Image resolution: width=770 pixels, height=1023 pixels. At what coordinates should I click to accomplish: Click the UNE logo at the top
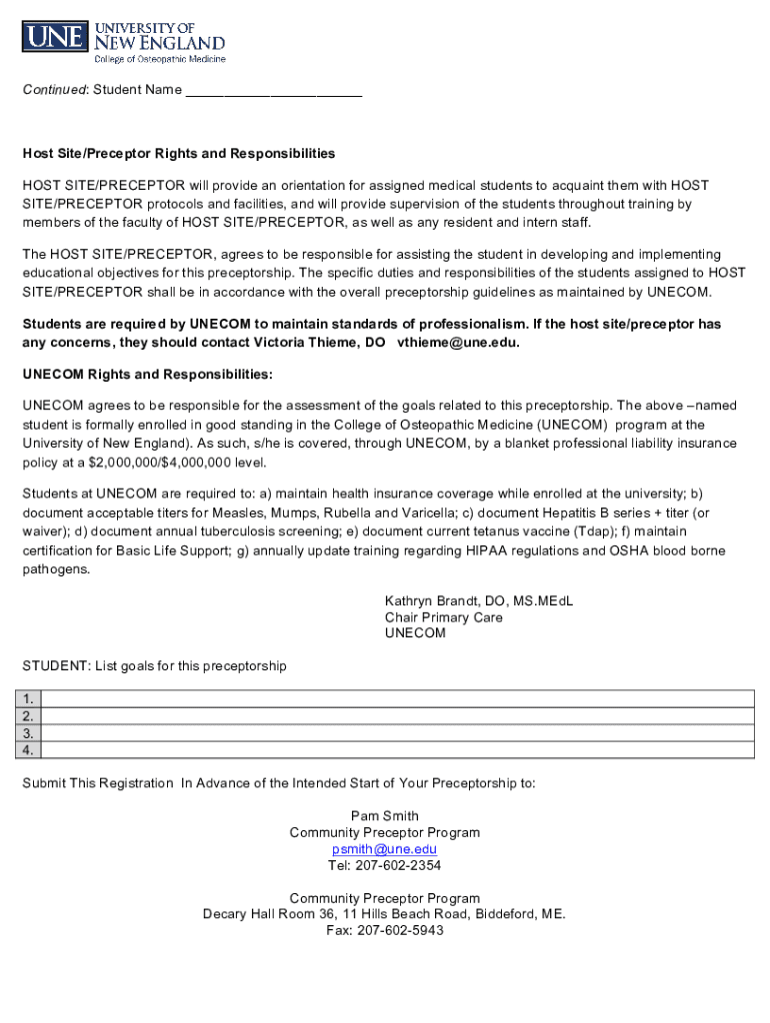pos(124,40)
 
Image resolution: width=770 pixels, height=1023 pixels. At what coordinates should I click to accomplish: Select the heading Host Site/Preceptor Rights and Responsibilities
pos(179,154)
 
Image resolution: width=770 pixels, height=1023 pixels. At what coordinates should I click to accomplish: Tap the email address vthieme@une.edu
pos(457,343)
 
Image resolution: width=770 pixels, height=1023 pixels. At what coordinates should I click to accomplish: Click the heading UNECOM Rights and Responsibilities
pos(147,374)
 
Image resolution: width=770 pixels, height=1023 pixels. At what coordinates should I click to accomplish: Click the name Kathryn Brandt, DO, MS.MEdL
pos(479,600)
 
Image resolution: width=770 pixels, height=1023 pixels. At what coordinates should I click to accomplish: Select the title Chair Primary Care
pos(444,617)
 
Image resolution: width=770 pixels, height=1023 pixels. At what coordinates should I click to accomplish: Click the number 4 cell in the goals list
pos(31,750)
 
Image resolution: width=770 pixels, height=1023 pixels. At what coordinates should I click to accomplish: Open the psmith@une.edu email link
pos(385,849)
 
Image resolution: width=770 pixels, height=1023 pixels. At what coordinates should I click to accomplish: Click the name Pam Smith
pos(385,816)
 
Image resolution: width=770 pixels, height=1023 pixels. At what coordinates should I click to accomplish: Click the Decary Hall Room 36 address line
pos(384,914)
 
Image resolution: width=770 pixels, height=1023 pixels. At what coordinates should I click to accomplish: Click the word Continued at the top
pos(55,90)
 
